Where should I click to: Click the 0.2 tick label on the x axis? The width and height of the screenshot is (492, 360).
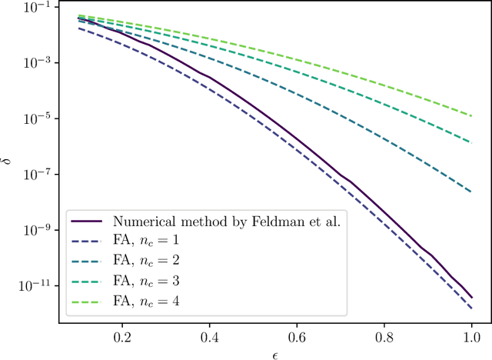(121, 337)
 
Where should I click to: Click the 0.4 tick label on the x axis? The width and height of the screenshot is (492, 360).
(209, 337)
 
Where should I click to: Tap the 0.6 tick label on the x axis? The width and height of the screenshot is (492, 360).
(296, 337)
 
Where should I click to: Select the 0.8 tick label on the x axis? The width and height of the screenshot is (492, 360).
(384, 337)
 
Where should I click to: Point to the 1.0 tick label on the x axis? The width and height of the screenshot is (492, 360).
(470, 337)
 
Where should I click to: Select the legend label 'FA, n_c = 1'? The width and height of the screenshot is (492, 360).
(148, 240)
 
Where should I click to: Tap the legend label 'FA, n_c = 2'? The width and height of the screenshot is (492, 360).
(148, 259)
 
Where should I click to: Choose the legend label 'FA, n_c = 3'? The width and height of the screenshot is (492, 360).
(148, 278)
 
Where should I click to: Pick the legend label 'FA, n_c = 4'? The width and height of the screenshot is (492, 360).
(148, 298)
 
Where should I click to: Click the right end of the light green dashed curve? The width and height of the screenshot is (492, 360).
(470, 115)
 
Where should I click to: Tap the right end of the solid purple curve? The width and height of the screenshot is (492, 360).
(470, 298)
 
